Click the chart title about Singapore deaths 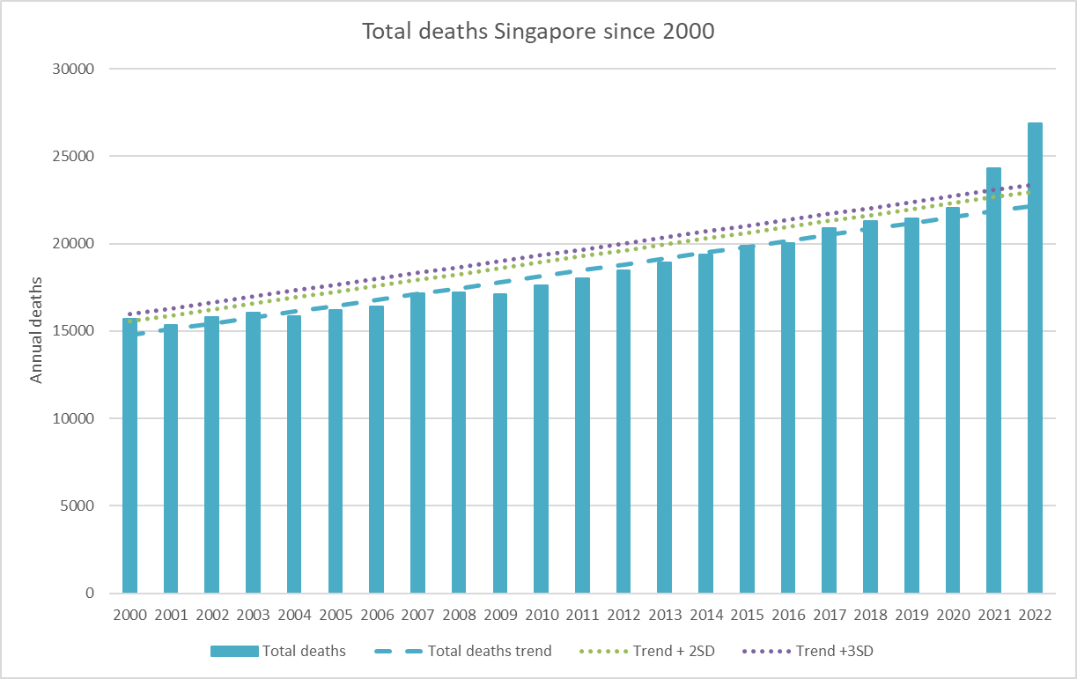(538, 31)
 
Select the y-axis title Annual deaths (37, 331)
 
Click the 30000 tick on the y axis (76, 69)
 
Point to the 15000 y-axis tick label (76, 331)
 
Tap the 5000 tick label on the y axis (79, 506)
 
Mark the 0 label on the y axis (90, 594)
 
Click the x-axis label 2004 (294, 614)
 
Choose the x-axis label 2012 (623, 614)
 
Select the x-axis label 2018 (870, 614)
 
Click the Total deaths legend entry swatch (234, 652)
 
